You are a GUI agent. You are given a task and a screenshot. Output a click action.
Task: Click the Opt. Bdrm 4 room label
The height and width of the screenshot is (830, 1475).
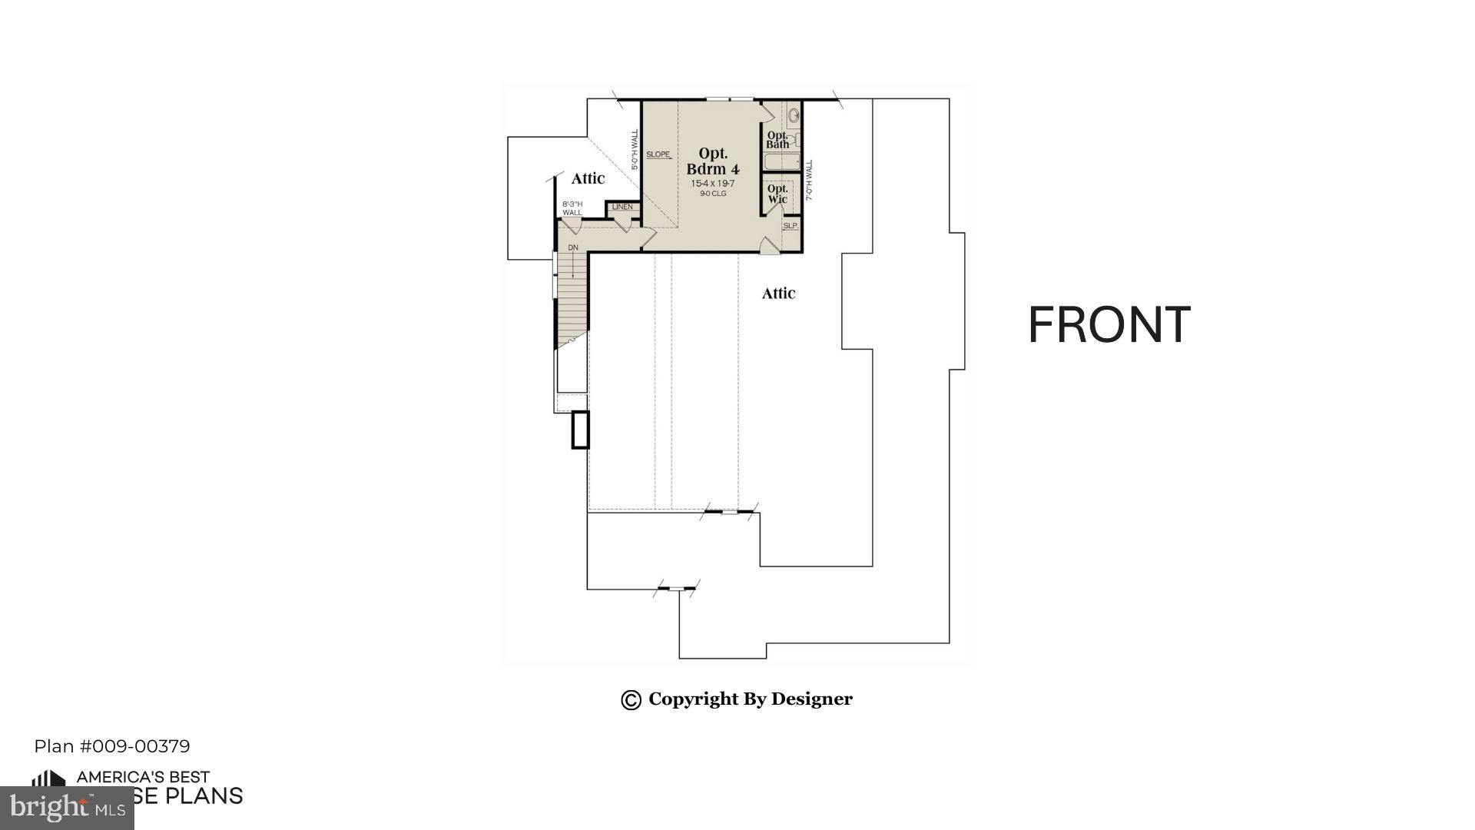tap(713, 161)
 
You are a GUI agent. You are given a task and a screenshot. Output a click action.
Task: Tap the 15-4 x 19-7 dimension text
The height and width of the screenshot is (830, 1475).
tap(713, 184)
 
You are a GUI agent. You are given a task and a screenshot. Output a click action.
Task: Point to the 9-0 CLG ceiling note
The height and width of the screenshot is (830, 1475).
tap(713, 194)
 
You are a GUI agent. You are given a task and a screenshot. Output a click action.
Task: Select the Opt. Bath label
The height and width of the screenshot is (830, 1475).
tap(777, 140)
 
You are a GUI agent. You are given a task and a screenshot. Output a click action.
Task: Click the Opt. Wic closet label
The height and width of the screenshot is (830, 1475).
tap(777, 194)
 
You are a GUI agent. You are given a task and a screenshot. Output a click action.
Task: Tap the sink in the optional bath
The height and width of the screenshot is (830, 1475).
tap(794, 117)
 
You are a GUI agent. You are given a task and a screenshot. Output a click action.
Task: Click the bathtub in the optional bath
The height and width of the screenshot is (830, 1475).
tap(782, 162)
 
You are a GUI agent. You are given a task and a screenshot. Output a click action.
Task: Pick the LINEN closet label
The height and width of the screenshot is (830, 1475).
tap(622, 207)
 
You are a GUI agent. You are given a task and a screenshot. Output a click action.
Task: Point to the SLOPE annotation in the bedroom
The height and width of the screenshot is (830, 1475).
tap(658, 154)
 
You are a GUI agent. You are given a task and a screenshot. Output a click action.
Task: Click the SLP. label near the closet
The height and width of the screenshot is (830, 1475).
tap(791, 226)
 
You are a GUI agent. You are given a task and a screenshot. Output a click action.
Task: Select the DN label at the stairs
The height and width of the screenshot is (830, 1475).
tap(573, 247)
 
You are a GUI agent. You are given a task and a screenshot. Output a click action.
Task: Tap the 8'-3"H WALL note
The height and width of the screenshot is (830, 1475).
tap(572, 208)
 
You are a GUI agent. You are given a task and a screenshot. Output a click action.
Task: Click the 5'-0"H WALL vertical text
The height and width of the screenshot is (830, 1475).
tap(635, 150)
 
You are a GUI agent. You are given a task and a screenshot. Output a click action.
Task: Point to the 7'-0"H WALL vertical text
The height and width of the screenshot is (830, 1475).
tap(809, 181)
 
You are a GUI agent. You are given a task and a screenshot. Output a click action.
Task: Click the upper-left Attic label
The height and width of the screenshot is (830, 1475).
tap(588, 178)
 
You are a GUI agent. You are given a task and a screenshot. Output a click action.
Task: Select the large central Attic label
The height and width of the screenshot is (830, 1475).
tap(778, 293)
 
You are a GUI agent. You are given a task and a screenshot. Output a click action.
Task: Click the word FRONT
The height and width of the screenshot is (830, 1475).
tap(1109, 325)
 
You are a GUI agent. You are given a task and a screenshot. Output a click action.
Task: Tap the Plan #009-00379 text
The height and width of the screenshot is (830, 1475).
tap(112, 746)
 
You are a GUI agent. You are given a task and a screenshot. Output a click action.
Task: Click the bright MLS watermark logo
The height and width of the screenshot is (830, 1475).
tap(67, 807)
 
